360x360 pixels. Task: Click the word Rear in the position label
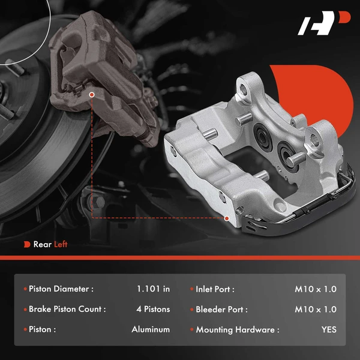click(43, 244)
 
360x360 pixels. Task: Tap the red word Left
click(61, 244)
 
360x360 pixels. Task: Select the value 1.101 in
click(153, 289)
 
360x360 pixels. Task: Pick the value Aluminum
click(151, 329)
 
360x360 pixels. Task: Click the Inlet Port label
click(215, 289)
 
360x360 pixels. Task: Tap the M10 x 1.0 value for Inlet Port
click(316, 289)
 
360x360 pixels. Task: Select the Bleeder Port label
click(221, 309)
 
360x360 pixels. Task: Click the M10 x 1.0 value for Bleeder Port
click(316, 309)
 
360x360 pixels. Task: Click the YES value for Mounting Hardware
click(328, 329)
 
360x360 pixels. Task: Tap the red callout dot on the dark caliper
click(91, 94)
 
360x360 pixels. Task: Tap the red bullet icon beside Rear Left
click(27, 244)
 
